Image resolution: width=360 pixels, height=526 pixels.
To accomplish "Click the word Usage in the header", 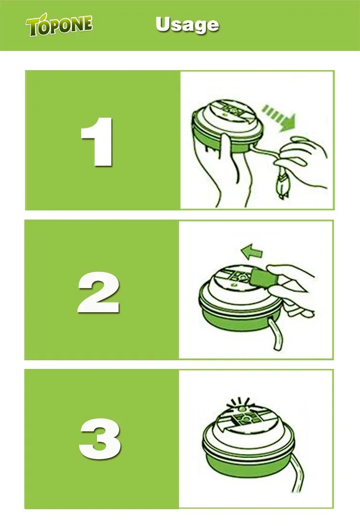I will click(x=187, y=25).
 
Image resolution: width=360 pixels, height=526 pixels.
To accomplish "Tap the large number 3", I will click(x=99, y=439).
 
